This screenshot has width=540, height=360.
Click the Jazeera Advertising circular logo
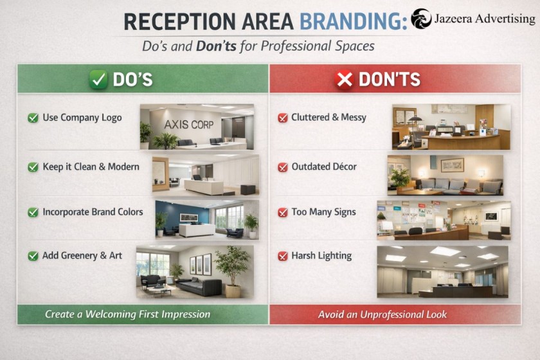coord(422,19)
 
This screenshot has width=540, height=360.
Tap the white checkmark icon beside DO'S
coord(98,79)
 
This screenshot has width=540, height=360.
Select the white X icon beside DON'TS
coord(345,79)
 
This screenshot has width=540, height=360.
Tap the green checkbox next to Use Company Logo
coord(33,118)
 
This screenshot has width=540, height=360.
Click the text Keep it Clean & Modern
coord(91,166)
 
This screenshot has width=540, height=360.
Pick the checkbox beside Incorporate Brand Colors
coord(33,212)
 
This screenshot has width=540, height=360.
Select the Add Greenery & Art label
coord(82,255)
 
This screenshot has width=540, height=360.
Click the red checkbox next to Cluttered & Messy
coord(282,118)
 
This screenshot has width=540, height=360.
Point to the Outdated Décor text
coord(323,166)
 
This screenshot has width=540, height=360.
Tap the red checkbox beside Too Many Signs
coord(282,212)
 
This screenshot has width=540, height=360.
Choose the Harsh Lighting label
coord(321,255)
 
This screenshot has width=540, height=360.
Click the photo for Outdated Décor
coord(445,175)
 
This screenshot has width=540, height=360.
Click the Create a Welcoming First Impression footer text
coord(127,314)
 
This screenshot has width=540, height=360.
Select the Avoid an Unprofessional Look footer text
coord(382,314)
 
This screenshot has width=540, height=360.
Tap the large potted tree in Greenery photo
coord(232,267)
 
